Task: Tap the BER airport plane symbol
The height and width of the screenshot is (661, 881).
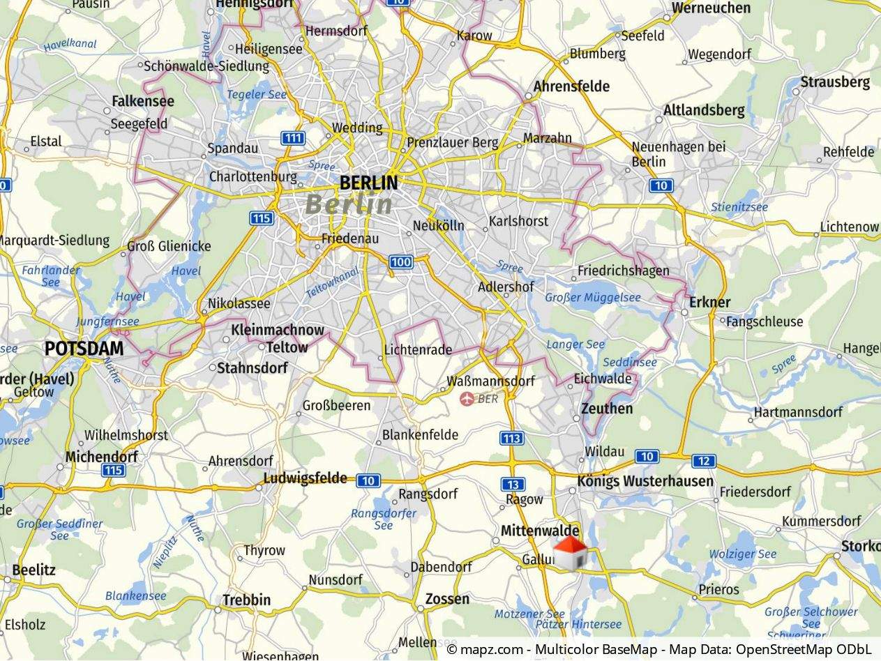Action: point(467,399)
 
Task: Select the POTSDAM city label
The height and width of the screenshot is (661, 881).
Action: point(84,349)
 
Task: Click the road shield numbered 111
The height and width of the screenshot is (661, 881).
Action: point(293,138)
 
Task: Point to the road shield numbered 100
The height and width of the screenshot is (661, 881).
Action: point(400,262)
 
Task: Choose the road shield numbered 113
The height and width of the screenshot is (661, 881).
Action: point(511,438)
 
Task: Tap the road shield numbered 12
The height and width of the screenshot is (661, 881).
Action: point(704,461)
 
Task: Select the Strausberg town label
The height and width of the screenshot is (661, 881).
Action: point(835,82)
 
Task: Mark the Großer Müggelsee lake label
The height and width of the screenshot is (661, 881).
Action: point(593,298)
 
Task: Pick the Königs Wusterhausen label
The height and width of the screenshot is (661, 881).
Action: point(645,481)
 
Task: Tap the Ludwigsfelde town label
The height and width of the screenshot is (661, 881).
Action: point(305,478)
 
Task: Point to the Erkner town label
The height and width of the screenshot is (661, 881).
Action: point(709,302)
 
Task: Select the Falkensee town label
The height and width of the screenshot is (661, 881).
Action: point(143,101)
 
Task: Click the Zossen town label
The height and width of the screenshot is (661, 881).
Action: point(447,599)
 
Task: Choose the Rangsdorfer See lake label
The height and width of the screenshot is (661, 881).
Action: point(384,519)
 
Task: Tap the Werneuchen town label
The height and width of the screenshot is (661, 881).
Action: point(711,8)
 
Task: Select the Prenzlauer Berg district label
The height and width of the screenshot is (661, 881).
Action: point(453,143)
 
